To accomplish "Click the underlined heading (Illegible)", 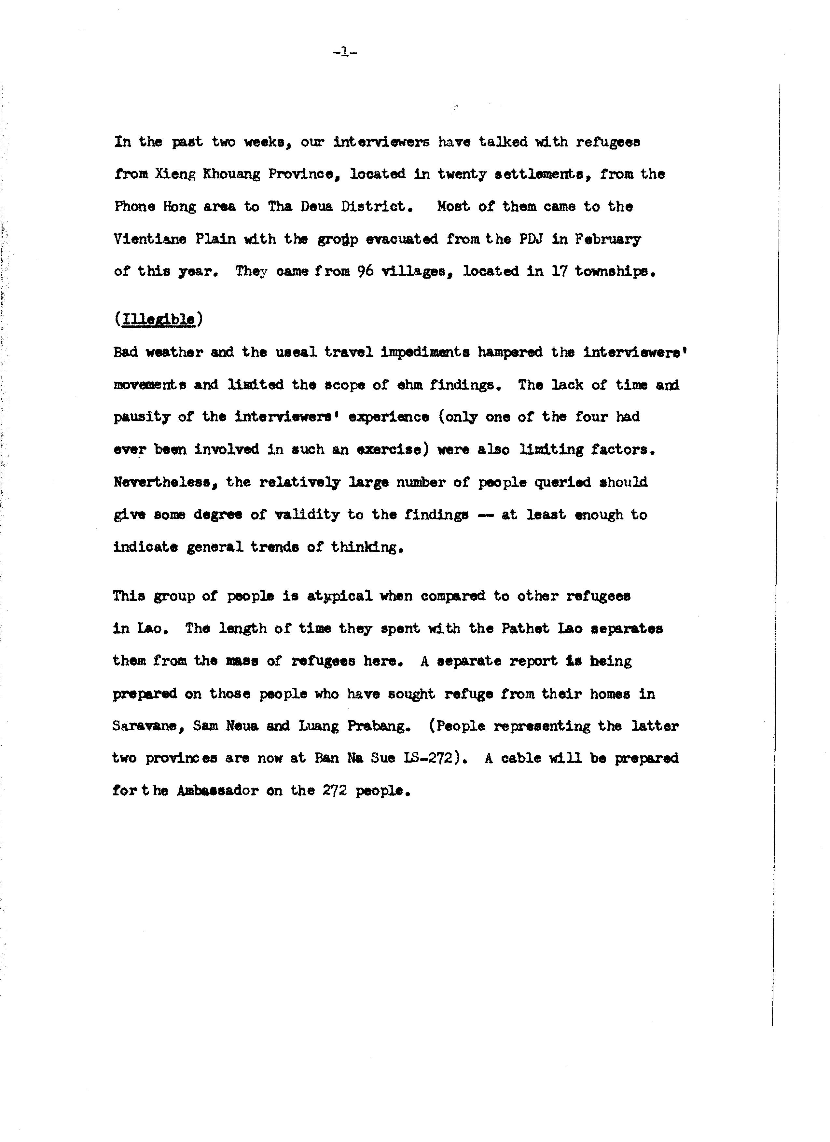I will click(158, 320).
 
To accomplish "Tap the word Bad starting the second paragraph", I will click(125, 352).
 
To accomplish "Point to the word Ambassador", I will click(217, 791).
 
